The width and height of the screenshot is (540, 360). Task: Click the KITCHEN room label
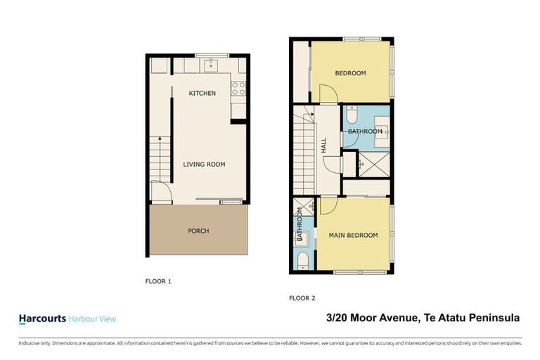tap(202, 94)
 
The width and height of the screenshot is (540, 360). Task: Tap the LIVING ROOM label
tap(204, 165)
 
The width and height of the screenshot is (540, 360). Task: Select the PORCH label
tap(198, 231)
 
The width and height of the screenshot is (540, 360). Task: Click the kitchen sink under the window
tap(210, 66)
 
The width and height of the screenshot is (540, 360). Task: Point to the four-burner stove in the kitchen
tap(238, 89)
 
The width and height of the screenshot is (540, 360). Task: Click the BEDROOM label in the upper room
tap(350, 73)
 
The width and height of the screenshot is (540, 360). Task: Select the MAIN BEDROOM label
tap(353, 236)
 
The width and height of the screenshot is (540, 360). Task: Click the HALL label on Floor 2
tap(324, 146)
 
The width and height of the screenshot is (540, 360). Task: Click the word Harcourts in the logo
tap(41, 319)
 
